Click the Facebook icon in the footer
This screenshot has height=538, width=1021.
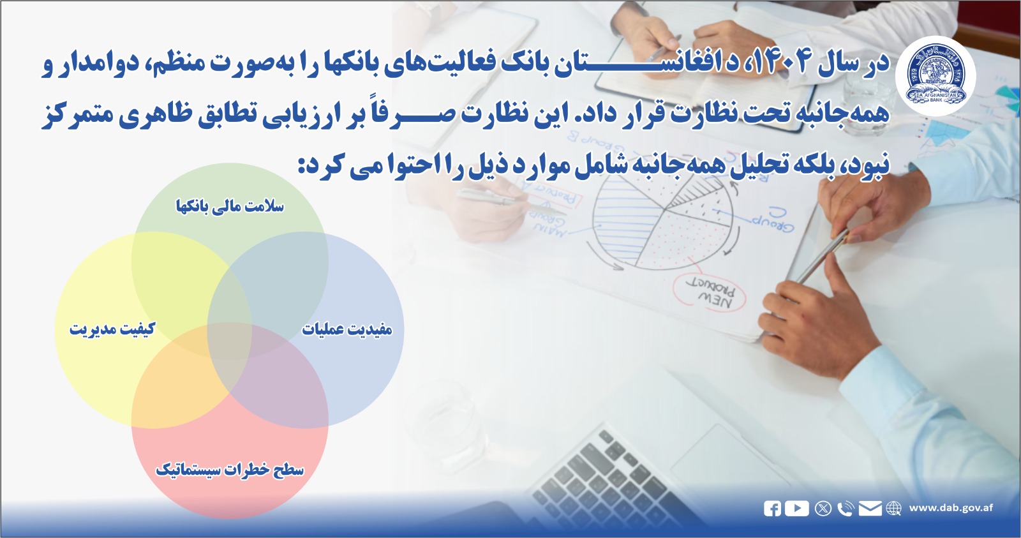tap(772, 509)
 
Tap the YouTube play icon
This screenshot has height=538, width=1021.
tap(796, 508)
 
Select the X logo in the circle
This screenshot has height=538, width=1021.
tap(823, 509)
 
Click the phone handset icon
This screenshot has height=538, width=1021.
tap(846, 509)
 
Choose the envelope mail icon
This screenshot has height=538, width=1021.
tap(870, 509)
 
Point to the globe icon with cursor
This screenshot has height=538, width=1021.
tap(893, 509)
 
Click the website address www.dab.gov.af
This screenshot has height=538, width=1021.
tap(951, 508)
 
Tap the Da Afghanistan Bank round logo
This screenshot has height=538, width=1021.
tap(935, 76)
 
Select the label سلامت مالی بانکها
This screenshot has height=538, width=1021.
tap(230, 206)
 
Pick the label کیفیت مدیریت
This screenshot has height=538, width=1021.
tap(112, 329)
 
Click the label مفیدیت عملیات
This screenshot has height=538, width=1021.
tap(347, 329)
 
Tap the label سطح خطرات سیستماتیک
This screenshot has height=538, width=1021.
tap(230, 470)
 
